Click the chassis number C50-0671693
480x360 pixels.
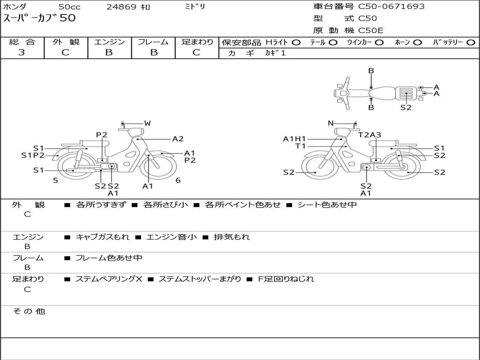pyautogui.click(x=391, y=7)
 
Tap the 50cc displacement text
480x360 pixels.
pyautogui.click(x=69, y=7)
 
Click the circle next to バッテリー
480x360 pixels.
pyautogui.click(x=471, y=43)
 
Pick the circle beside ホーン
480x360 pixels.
pyautogui.click(x=417, y=43)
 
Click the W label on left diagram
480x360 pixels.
pyautogui.click(x=148, y=123)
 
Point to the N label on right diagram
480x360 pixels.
pyautogui.click(x=330, y=123)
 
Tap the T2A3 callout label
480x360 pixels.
pyautogui.click(x=369, y=135)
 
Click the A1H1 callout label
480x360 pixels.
pyautogui.click(x=294, y=139)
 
